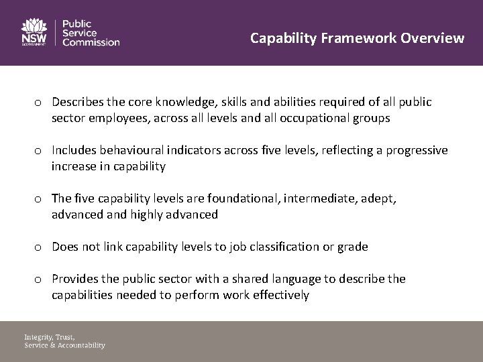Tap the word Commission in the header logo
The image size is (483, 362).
[x=91, y=42]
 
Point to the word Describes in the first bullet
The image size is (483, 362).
[x=78, y=102]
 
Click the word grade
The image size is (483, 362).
[x=353, y=247]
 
